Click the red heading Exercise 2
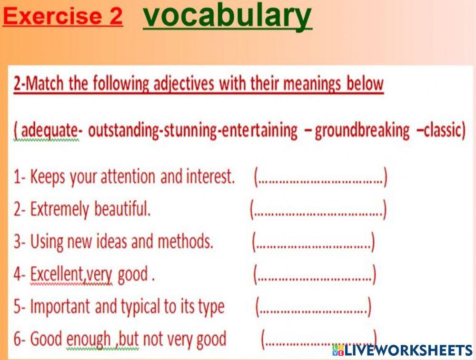tap(62, 17)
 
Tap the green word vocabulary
tap(228, 16)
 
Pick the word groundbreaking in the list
tap(362, 130)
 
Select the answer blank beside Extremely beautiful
tap(318, 210)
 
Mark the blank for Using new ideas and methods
tap(313, 243)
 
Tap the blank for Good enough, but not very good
tap(319, 339)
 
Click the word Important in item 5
tap(60, 307)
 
